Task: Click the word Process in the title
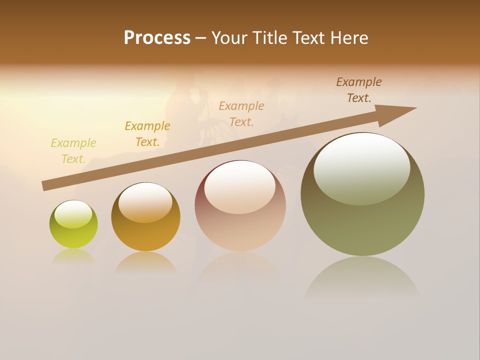pos(157,38)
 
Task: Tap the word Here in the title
pos(348,38)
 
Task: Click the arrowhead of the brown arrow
pos(397,112)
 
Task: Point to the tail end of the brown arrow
pos(46,186)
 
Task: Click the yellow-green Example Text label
pos(73,151)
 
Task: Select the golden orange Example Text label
pos(147,134)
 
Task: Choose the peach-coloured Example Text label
pos(241,113)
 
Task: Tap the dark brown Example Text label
pos(359,90)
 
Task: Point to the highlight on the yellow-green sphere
pos(73,214)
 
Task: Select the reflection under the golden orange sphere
pos(145,262)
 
